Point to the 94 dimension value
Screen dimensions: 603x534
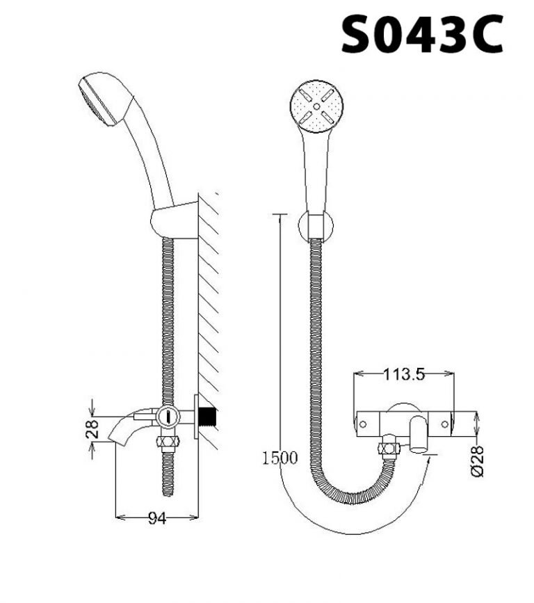click(x=156, y=519)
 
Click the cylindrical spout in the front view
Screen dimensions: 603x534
click(x=419, y=433)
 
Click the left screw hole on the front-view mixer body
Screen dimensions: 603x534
click(x=363, y=423)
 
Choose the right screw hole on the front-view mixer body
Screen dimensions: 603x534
click(x=445, y=423)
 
